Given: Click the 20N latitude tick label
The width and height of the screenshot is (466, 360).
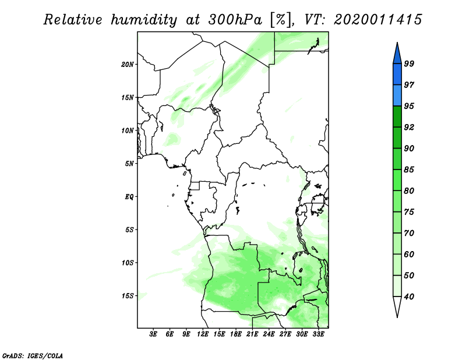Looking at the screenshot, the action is [128, 65].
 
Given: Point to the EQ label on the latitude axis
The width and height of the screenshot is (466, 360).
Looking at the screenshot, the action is [129, 197].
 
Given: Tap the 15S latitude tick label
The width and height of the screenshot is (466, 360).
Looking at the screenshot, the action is [128, 296].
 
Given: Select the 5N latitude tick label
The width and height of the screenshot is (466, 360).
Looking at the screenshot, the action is [129, 164].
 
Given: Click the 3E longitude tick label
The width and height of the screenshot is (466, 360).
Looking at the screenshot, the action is [153, 334].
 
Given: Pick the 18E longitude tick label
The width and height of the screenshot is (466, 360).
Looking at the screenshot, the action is [236, 334].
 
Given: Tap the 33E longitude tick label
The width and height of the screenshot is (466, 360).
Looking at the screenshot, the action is [318, 334].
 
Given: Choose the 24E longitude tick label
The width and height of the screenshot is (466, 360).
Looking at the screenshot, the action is [269, 334].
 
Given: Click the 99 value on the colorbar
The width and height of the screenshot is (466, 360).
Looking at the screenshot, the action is [409, 63].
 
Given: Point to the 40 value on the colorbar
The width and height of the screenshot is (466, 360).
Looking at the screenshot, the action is [409, 297].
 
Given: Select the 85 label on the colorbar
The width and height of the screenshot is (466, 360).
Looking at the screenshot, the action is [409, 170].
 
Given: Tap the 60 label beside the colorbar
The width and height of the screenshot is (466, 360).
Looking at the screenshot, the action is [409, 254].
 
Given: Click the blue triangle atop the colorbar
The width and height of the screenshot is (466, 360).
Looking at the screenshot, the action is [397, 54].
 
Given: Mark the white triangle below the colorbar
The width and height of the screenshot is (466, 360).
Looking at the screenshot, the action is [397, 306].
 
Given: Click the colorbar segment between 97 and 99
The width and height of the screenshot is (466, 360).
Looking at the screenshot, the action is [397, 75].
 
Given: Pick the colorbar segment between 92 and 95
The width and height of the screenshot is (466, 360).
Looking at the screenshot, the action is [397, 117].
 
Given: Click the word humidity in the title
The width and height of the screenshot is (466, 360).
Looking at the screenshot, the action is [144, 20].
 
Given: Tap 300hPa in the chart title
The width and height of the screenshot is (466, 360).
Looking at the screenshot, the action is [235, 20].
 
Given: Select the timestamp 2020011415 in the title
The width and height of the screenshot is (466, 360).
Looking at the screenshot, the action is [378, 20].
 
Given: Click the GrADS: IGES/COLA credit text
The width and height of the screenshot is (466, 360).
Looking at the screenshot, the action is [33, 356].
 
